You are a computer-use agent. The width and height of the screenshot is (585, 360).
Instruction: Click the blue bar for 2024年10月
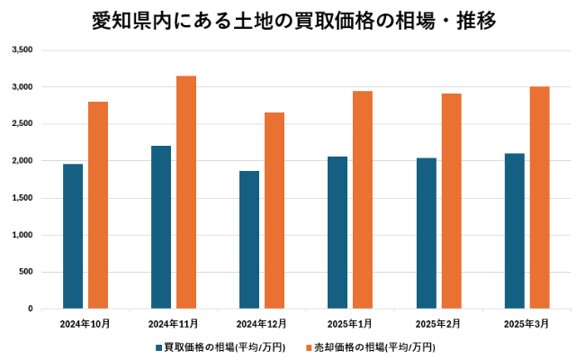(x=73, y=236)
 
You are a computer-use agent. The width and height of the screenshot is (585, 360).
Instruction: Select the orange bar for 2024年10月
(x=98, y=205)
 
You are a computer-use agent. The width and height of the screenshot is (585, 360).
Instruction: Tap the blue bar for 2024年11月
(x=161, y=227)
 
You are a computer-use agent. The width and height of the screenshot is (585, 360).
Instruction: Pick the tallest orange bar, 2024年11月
(x=186, y=192)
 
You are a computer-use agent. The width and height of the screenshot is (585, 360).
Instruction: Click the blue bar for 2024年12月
(x=249, y=239)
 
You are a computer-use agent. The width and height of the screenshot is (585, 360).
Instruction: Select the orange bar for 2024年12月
(x=274, y=211)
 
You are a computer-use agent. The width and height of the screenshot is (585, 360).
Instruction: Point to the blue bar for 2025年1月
(x=337, y=232)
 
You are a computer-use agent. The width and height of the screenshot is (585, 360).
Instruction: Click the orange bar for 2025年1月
(x=363, y=200)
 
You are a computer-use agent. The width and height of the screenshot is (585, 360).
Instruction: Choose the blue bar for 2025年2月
(x=427, y=233)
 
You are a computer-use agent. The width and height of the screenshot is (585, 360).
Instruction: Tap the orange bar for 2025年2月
(x=452, y=201)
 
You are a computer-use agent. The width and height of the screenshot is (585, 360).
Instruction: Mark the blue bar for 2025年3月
(x=515, y=230)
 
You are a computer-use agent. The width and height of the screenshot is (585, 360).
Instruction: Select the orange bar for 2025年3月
(x=540, y=197)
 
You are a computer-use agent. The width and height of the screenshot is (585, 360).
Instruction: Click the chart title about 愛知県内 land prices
(x=293, y=20)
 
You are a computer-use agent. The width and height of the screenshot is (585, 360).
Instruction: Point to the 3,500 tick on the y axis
(x=22, y=50)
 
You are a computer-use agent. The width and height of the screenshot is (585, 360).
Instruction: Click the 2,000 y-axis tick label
(x=22, y=161)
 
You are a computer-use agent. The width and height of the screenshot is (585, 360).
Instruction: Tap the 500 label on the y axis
(x=26, y=272)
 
